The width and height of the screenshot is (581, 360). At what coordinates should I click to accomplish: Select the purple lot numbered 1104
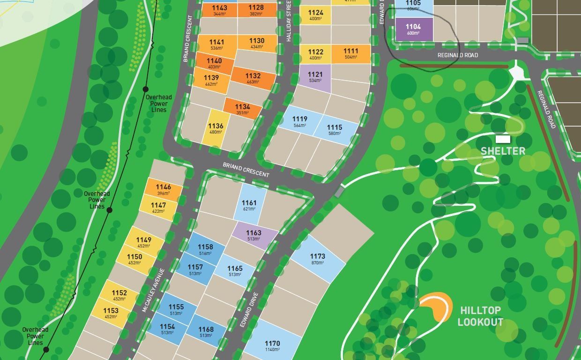[413, 29]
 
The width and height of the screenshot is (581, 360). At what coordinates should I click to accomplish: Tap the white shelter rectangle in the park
[503, 139]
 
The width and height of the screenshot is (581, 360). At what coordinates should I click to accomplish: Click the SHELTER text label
[503, 151]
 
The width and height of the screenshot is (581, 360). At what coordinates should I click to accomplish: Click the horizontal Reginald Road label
[457, 55]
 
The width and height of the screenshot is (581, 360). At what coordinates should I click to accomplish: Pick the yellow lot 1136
[216, 128]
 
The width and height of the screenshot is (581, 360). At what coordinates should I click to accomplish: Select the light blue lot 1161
[249, 205]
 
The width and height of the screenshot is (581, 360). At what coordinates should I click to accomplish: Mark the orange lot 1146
[164, 189]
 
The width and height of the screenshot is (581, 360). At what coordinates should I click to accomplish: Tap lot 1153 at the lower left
[111, 313]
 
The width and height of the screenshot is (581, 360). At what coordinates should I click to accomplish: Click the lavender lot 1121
[315, 77]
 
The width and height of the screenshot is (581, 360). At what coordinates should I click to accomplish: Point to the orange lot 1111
[350, 53]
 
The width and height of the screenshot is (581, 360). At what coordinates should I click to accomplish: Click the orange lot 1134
[242, 109]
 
